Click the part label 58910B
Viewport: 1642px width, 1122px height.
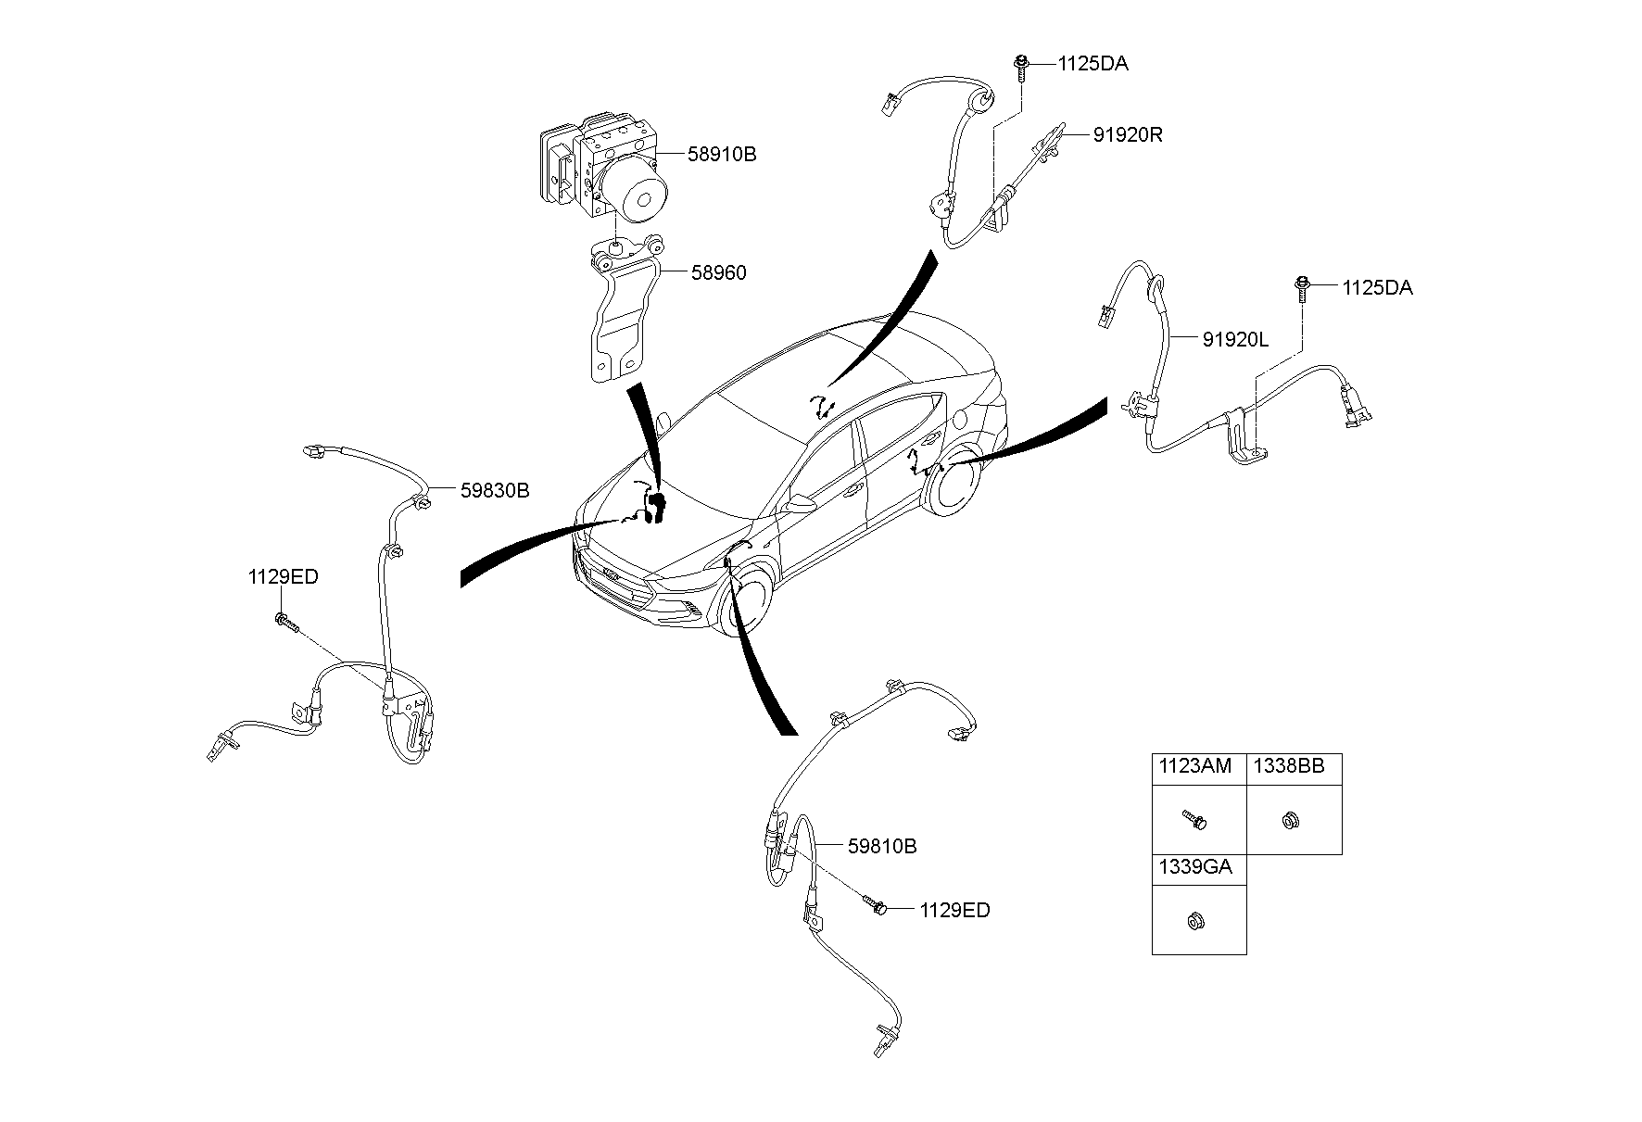coord(721,155)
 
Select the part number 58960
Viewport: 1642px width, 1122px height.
coord(717,272)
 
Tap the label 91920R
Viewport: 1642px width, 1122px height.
coord(1127,135)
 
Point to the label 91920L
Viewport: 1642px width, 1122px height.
coord(1235,340)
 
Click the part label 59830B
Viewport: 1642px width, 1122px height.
coord(495,491)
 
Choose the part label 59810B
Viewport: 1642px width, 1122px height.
coord(882,846)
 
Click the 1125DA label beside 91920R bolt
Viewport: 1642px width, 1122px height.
coord(1093,64)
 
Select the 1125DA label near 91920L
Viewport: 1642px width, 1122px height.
coord(1377,288)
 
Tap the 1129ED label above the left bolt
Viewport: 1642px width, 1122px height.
coord(283,577)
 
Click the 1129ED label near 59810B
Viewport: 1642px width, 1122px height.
coord(954,911)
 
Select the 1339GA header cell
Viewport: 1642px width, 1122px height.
coord(1198,869)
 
